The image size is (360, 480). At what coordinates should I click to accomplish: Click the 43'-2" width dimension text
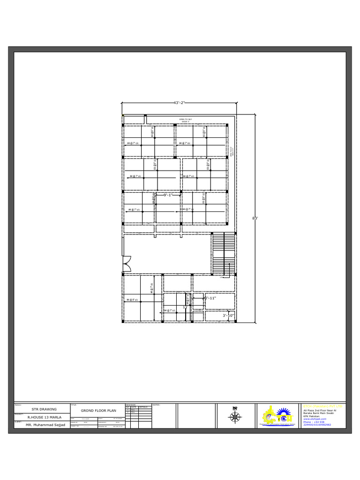click(179, 103)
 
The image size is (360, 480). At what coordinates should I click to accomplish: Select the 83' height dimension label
click(255, 218)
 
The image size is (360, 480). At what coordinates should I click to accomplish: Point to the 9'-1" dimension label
click(168, 195)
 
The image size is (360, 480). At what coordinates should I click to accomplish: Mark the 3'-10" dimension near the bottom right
click(228, 315)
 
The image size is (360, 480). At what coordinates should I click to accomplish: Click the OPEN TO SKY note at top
click(186, 120)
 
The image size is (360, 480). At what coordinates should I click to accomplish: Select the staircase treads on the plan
click(224, 253)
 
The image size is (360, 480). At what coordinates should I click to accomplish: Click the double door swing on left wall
click(126, 263)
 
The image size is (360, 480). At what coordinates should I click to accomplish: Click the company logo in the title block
click(278, 415)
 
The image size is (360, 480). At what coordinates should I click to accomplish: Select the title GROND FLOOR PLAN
click(98, 410)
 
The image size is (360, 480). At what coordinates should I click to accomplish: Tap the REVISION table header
click(130, 404)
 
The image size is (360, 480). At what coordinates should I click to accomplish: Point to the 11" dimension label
click(185, 307)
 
